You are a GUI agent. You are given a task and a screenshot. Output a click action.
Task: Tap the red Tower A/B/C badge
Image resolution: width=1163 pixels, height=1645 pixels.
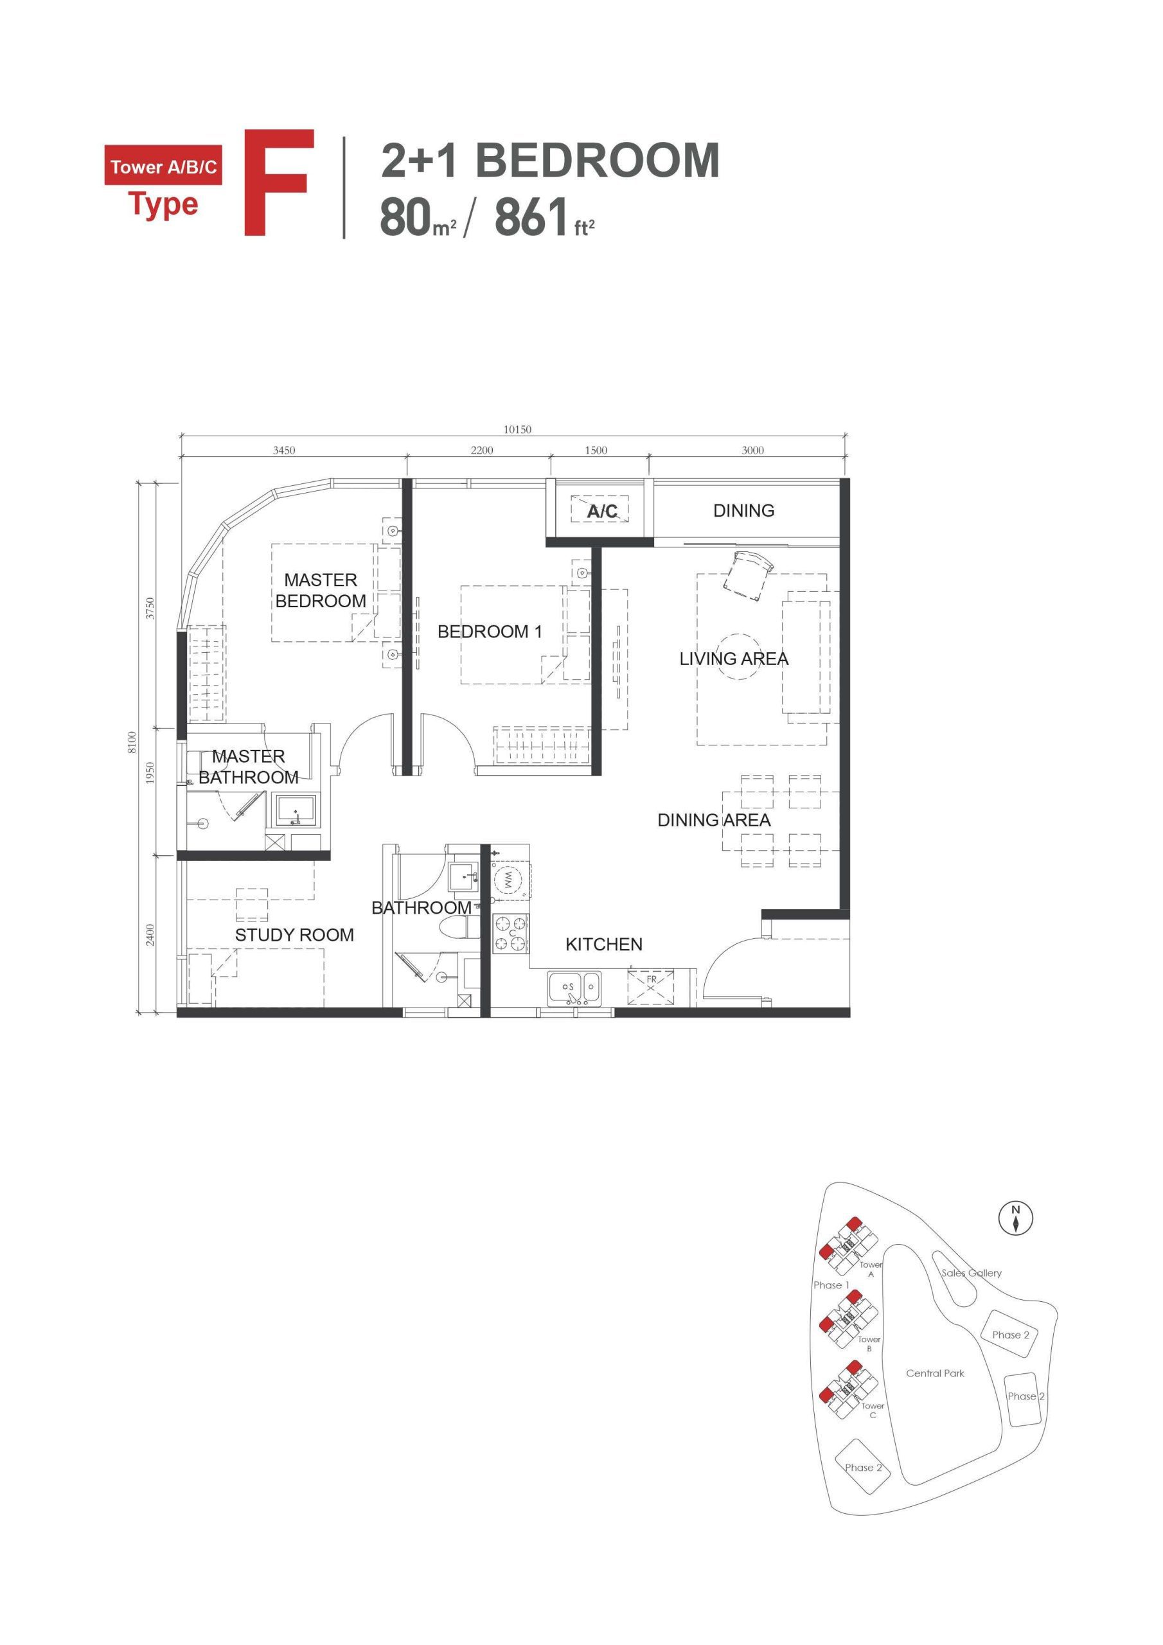(163, 166)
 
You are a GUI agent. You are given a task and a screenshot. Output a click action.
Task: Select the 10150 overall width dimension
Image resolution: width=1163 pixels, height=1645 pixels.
(517, 429)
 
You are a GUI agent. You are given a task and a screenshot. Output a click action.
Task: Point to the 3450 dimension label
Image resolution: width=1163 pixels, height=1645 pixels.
(284, 450)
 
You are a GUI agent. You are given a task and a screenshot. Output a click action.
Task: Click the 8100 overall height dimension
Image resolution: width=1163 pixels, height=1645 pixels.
(131, 742)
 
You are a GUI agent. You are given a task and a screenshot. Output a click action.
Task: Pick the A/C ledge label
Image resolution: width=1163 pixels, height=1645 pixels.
(601, 511)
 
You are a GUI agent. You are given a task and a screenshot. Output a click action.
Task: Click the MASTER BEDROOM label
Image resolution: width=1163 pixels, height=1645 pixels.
(321, 591)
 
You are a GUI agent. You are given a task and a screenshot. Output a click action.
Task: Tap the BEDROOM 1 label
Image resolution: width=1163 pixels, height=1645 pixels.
(490, 631)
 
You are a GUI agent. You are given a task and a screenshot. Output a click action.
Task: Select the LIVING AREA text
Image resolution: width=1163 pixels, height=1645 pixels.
(733, 659)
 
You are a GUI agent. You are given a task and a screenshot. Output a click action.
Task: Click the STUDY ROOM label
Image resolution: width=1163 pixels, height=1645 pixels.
(294, 934)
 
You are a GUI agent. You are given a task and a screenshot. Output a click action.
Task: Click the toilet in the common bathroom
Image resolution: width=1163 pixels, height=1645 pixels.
(454, 929)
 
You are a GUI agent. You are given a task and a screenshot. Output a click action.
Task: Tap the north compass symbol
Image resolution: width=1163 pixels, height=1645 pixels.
(1015, 1217)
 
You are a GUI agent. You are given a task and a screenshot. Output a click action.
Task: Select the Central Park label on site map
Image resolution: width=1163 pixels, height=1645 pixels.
(934, 1373)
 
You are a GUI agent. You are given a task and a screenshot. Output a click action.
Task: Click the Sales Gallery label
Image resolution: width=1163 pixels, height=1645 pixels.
(971, 1272)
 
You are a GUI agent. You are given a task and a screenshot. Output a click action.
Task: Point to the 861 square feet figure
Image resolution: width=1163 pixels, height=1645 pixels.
(531, 218)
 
